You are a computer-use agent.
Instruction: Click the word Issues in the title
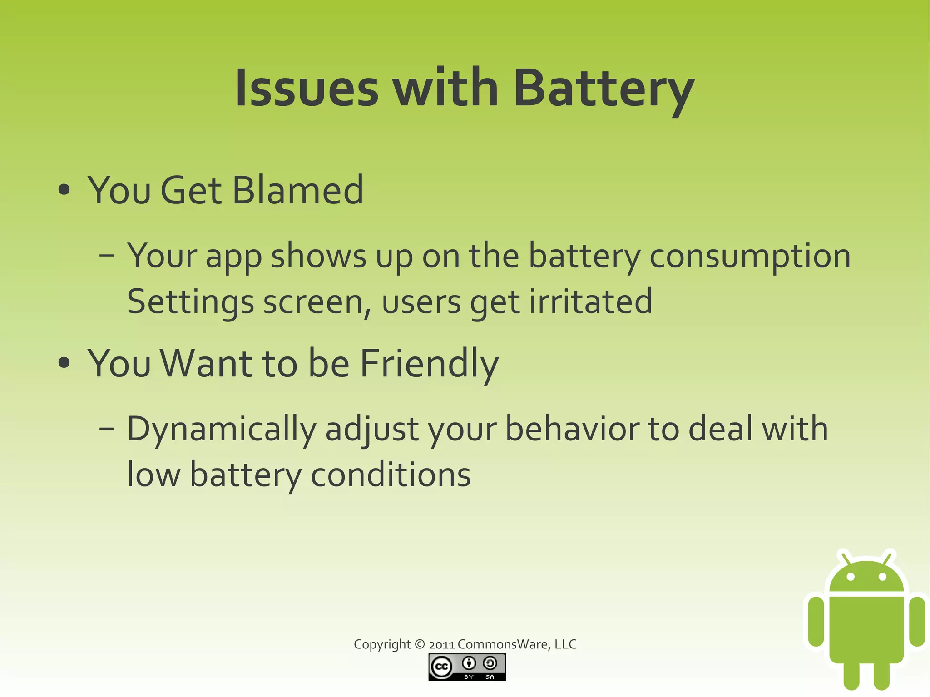(x=307, y=89)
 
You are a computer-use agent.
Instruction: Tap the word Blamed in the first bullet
(x=297, y=191)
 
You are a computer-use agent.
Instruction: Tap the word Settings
(x=190, y=302)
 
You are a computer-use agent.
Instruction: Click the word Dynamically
(x=221, y=430)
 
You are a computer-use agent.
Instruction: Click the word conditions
(x=391, y=475)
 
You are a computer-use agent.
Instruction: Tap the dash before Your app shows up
(x=106, y=256)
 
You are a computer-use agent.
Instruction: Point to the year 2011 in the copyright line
(x=441, y=645)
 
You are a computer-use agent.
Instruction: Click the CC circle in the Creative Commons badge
(x=441, y=667)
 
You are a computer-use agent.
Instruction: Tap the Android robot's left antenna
(x=845, y=558)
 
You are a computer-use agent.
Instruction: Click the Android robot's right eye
(x=882, y=577)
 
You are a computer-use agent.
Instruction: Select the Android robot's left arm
(x=816, y=621)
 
